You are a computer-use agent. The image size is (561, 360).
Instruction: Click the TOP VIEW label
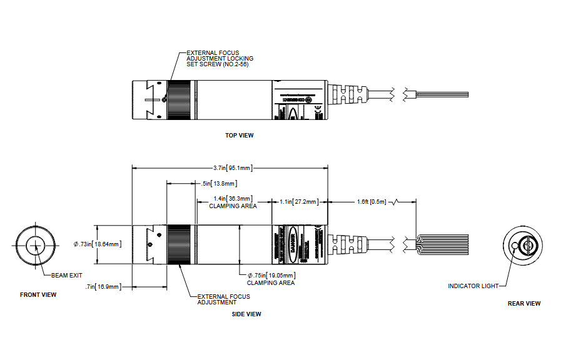[239, 135]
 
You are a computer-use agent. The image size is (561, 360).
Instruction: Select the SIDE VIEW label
[246, 314]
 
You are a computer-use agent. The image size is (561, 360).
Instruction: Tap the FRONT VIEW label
[38, 294]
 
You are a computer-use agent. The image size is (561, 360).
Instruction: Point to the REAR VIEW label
[524, 303]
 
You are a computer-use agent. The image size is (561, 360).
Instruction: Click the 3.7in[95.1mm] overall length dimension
[232, 167]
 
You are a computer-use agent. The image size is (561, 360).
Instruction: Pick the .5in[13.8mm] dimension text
[220, 183]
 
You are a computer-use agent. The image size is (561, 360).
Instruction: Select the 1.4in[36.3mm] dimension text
[233, 199]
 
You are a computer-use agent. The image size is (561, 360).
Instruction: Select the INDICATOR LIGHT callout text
[473, 286]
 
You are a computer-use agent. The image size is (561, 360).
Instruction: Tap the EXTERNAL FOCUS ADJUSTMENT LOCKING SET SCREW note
[220, 59]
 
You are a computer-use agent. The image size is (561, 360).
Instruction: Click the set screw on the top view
[163, 98]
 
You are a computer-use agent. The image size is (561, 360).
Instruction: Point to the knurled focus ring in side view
[180, 244]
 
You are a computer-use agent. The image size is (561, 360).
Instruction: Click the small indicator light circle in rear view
[515, 246]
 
